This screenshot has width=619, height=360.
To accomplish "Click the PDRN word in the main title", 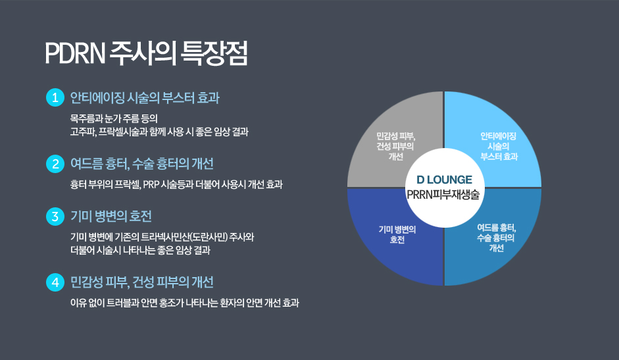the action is coord(76,53).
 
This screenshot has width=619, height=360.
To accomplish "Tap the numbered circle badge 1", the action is coord(55,97).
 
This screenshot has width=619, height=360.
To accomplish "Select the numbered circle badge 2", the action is coord(55,164).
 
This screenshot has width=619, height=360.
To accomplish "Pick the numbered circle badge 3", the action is coord(55,216).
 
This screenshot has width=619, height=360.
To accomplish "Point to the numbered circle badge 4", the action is coord(55,282).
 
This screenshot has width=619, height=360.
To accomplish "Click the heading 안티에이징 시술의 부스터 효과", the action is coord(145,98).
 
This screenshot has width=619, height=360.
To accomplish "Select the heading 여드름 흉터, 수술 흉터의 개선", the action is coord(141,164).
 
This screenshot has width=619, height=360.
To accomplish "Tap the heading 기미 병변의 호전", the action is coord(111,216).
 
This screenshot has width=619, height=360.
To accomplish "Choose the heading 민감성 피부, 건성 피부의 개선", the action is coord(141,282).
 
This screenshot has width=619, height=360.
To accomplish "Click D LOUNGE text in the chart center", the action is coord(444,180).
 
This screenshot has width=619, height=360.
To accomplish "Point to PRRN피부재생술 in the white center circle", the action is coord(443,194).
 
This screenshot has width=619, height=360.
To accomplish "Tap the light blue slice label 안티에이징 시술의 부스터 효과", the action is coord(499,146).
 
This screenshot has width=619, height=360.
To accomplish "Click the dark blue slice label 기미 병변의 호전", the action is coord(397,235).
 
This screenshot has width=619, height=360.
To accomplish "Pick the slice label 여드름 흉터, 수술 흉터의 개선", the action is coord(496,238).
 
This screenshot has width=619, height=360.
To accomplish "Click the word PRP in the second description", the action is coord(151,184).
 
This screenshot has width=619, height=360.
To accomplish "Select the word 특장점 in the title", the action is coord(214,53).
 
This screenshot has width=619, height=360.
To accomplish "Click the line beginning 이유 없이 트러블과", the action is coord(184,303).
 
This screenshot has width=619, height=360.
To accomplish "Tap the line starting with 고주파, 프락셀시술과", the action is coord(159,132).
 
